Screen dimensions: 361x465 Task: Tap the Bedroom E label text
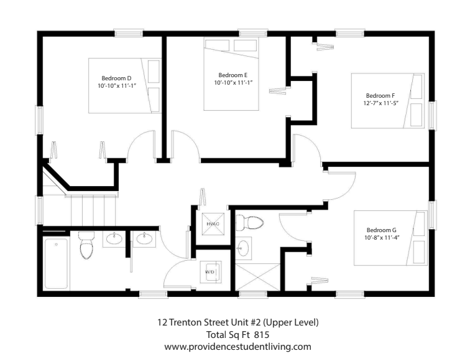[233, 75]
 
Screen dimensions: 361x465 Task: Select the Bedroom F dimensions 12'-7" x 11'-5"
[381, 102]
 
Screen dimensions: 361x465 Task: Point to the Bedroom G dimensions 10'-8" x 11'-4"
[382, 237]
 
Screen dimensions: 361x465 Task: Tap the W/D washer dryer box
[211, 273]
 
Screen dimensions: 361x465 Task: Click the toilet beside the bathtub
[86, 246]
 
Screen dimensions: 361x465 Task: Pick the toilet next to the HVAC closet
[252, 222]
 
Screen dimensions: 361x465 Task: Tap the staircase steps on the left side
[93, 209]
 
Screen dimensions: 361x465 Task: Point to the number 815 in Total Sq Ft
[262, 334]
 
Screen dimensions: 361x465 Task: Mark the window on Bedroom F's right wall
[432, 115]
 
